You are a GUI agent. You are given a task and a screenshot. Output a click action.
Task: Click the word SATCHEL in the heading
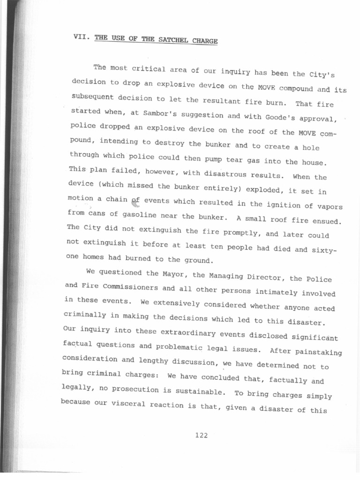click(x=168, y=39)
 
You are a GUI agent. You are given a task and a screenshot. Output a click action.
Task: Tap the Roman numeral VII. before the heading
click(x=82, y=36)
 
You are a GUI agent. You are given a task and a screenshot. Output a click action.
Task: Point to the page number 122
click(x=201, y=435)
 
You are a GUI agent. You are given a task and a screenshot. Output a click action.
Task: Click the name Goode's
click(x=270, y=118)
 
